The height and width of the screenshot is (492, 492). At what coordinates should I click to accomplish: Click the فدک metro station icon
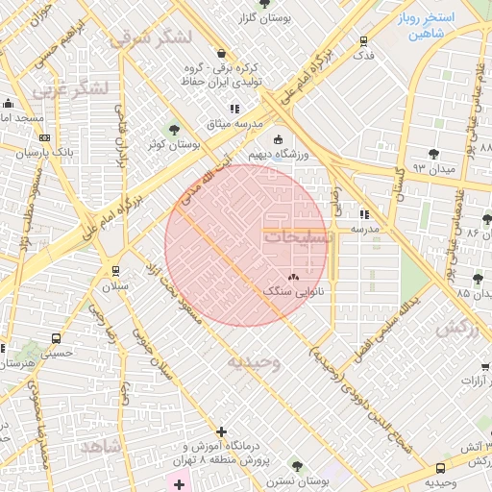(363, 41)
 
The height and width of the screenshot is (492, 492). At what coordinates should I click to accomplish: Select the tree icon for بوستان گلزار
(264, 5)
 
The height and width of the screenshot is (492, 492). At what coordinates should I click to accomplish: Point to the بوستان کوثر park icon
(174, 130)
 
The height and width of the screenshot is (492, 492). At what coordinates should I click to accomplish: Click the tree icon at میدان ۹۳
(434, 154)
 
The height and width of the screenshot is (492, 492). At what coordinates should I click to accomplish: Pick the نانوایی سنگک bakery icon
(293, 276)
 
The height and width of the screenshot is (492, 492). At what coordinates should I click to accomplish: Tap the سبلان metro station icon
(116, 272)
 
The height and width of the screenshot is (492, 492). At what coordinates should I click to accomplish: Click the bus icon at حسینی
(57, 338)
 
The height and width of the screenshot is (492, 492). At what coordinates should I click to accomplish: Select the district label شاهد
(101, 447)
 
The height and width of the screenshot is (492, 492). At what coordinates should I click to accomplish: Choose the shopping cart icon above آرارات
(485, 366)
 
